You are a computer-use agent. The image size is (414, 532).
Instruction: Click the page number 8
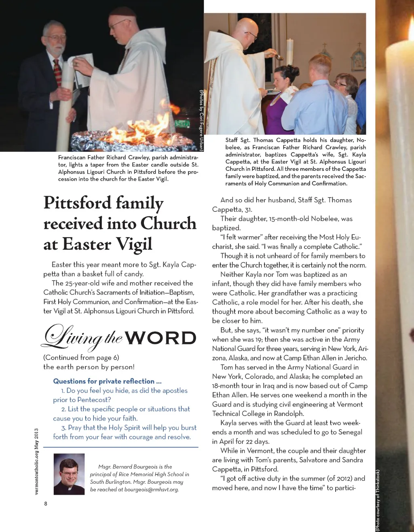[46, 504]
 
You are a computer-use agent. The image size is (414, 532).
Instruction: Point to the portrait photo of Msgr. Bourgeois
[69, 474]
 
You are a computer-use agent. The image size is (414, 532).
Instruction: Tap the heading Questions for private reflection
[107, 381]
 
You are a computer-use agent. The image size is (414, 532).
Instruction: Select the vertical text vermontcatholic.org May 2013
[36, 462]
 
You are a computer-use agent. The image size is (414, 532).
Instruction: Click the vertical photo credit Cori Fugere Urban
[201, 120]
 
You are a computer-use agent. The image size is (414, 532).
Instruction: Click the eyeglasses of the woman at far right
[340, 84]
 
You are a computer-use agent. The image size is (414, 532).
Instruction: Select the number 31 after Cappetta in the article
[248, 210]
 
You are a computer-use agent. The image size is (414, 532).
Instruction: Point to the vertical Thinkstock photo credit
[378, 500]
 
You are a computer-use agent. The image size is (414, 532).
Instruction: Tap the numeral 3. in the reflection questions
[64, 428]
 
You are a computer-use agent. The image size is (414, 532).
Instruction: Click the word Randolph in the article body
[289, 414]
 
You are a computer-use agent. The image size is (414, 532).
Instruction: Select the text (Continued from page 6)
[81, 358]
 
